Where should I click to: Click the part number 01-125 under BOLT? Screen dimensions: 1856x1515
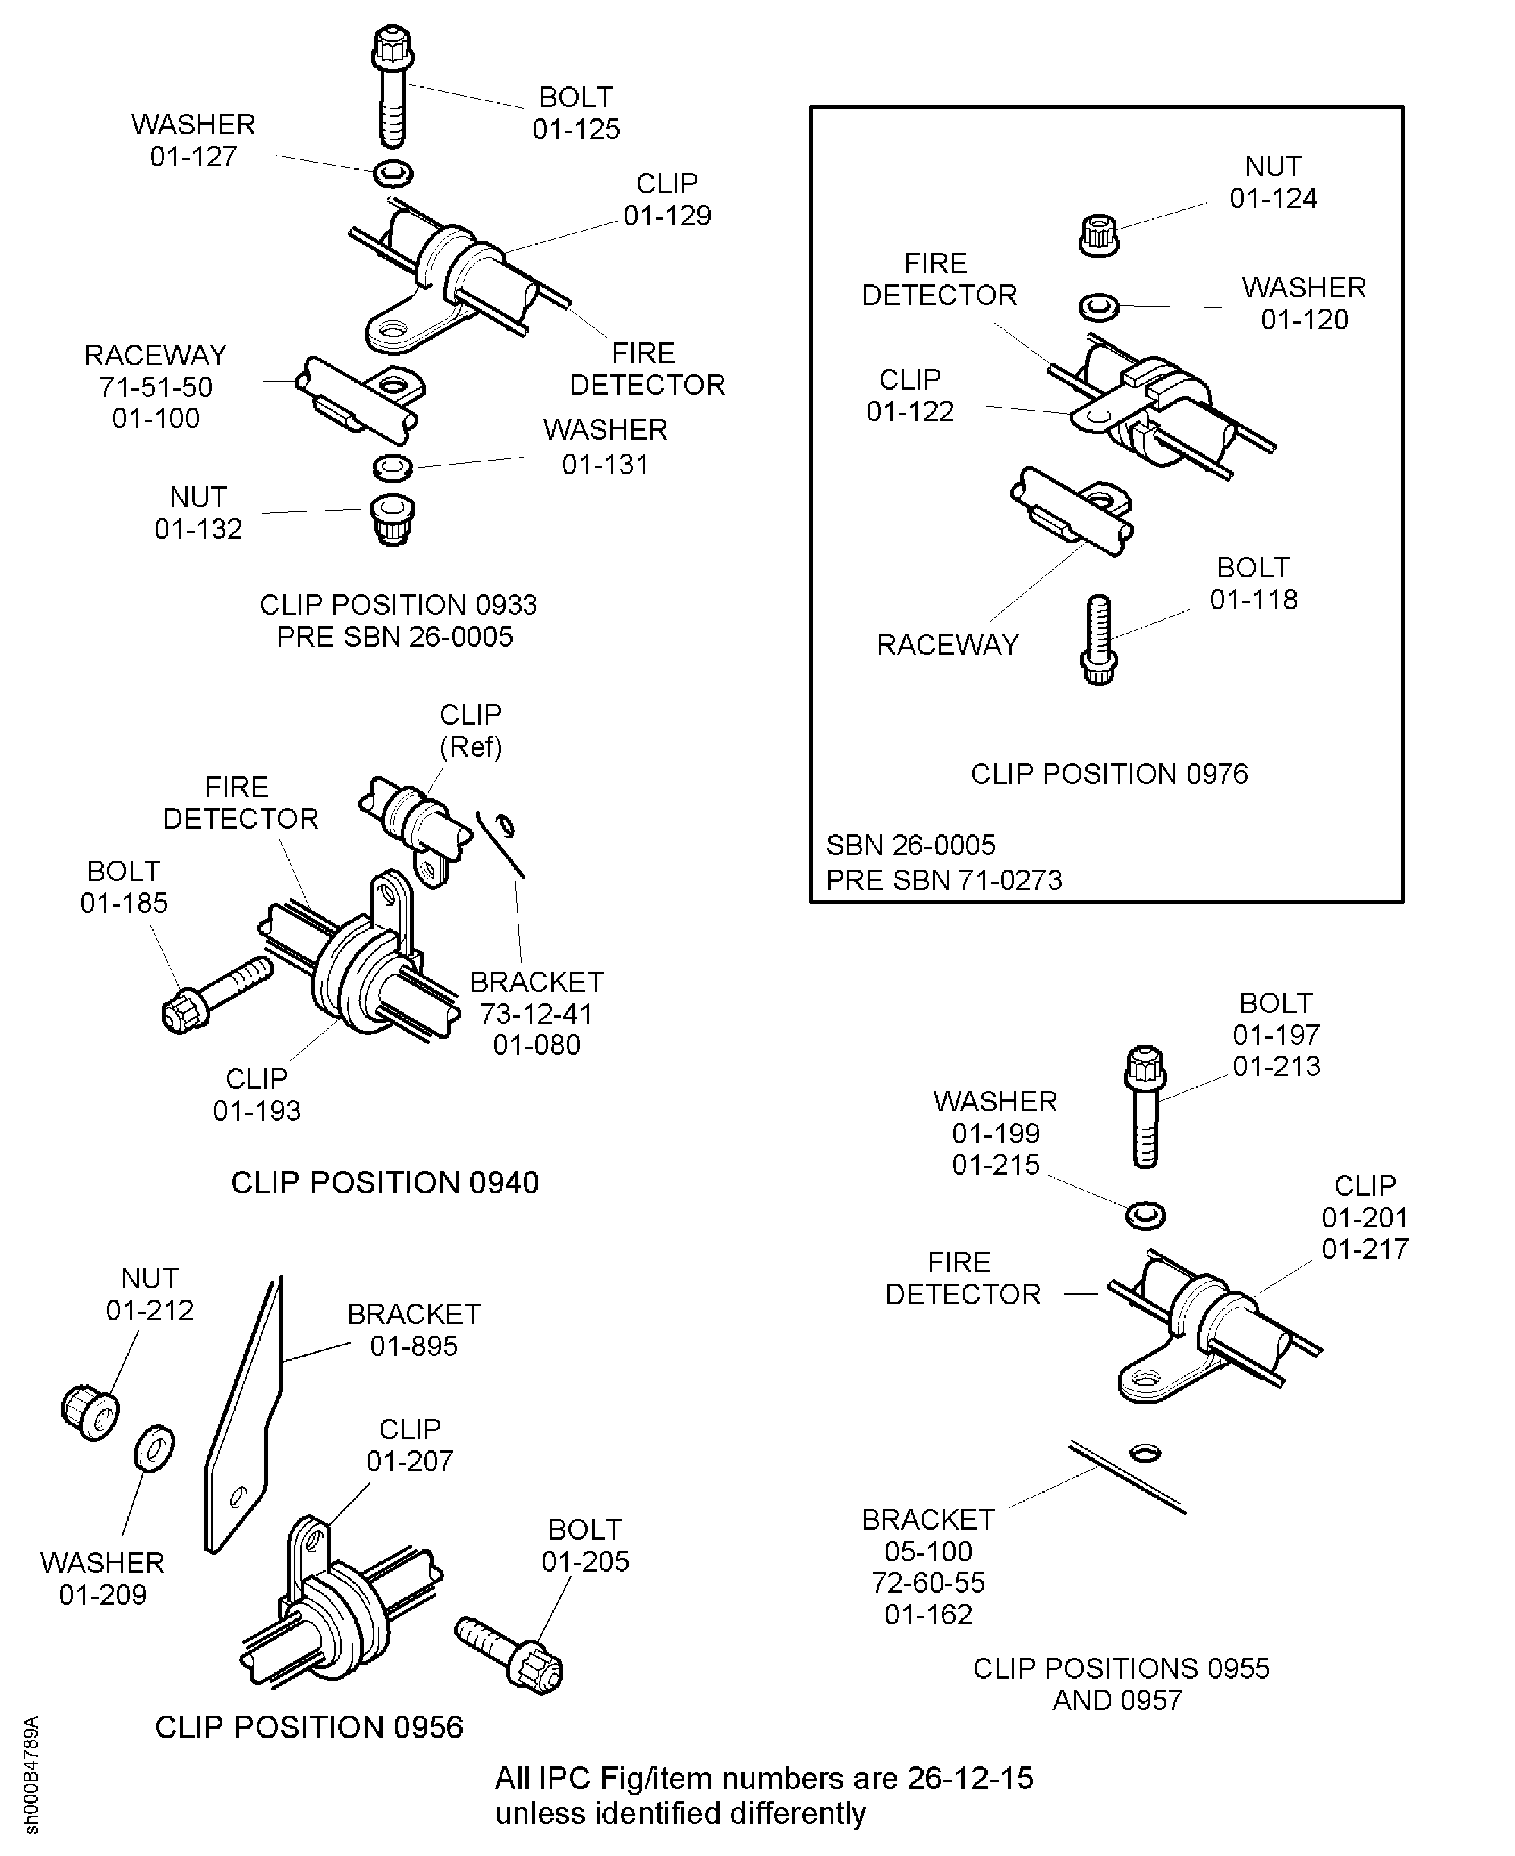[x=576, y=129]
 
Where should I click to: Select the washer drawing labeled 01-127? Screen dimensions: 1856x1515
[x=393, y=173]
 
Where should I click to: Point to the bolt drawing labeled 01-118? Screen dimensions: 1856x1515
[x=1099, y=639]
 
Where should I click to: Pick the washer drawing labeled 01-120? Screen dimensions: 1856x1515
[x=1099, y=306]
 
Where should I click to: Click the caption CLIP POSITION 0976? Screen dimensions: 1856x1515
[x=1109, y=774]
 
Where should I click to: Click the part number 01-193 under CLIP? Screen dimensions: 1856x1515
[x=257, y=1111]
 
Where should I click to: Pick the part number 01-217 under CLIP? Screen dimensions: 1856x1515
[x=1365, y=1249]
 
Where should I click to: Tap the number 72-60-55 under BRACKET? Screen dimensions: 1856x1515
[x=928, y=1583]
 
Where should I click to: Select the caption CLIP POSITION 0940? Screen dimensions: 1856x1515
[x=385, y=1183]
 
